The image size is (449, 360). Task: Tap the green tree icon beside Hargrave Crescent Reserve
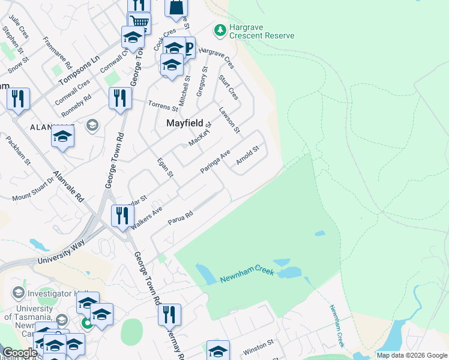tap(220, 29)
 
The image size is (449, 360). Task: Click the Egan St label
tap(165, 168)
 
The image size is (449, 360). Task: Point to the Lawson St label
tap(229, 120)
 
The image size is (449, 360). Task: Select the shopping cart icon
tap(139, 22)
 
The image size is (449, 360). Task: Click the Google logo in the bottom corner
tap(19, 353)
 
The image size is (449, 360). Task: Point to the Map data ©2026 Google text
tap(411, 355)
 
